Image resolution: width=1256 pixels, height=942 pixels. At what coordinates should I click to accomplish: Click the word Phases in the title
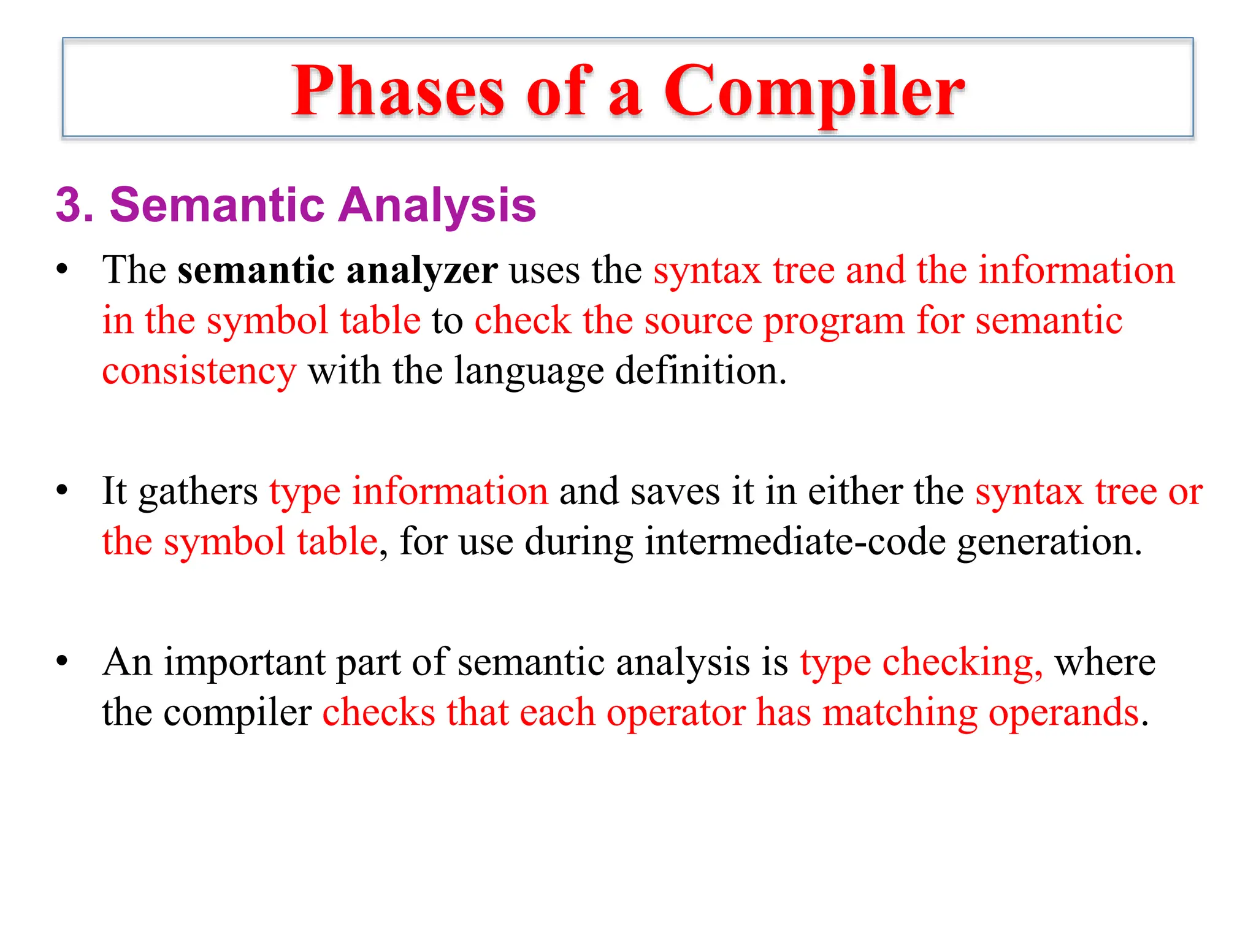click(397, 92)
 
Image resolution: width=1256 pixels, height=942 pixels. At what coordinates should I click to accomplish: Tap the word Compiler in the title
click(814, 92)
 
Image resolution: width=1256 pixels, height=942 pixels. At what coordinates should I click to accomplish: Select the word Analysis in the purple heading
click(437, 205)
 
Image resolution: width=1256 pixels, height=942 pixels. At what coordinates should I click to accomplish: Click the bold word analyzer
click(421, 270)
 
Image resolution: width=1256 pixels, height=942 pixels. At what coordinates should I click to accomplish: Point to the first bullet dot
click(61, 270)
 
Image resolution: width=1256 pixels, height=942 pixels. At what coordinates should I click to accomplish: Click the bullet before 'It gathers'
click(61, 491)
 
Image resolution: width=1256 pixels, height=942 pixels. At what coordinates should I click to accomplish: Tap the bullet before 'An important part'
click(61, 662)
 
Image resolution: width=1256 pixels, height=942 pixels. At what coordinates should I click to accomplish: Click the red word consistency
click(199, 372)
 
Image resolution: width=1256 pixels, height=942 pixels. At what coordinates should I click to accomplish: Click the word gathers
click(198, 492)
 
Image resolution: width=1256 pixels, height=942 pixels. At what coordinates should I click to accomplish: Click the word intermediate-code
click(795, 542)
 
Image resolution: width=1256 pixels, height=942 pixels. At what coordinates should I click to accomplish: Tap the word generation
click(1049, 542)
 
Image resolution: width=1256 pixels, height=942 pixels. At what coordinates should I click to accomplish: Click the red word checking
click(961, 664)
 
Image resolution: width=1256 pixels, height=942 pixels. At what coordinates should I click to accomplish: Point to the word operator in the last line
click(676, 713)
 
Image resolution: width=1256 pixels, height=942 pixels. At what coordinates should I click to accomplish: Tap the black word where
click(1105, 662)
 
